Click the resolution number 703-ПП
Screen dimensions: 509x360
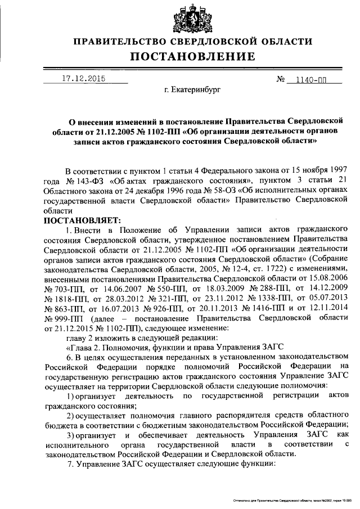pos(61,288)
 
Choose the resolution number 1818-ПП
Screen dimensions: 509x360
pos(61,298)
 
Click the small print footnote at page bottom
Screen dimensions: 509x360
pos(292,499)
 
